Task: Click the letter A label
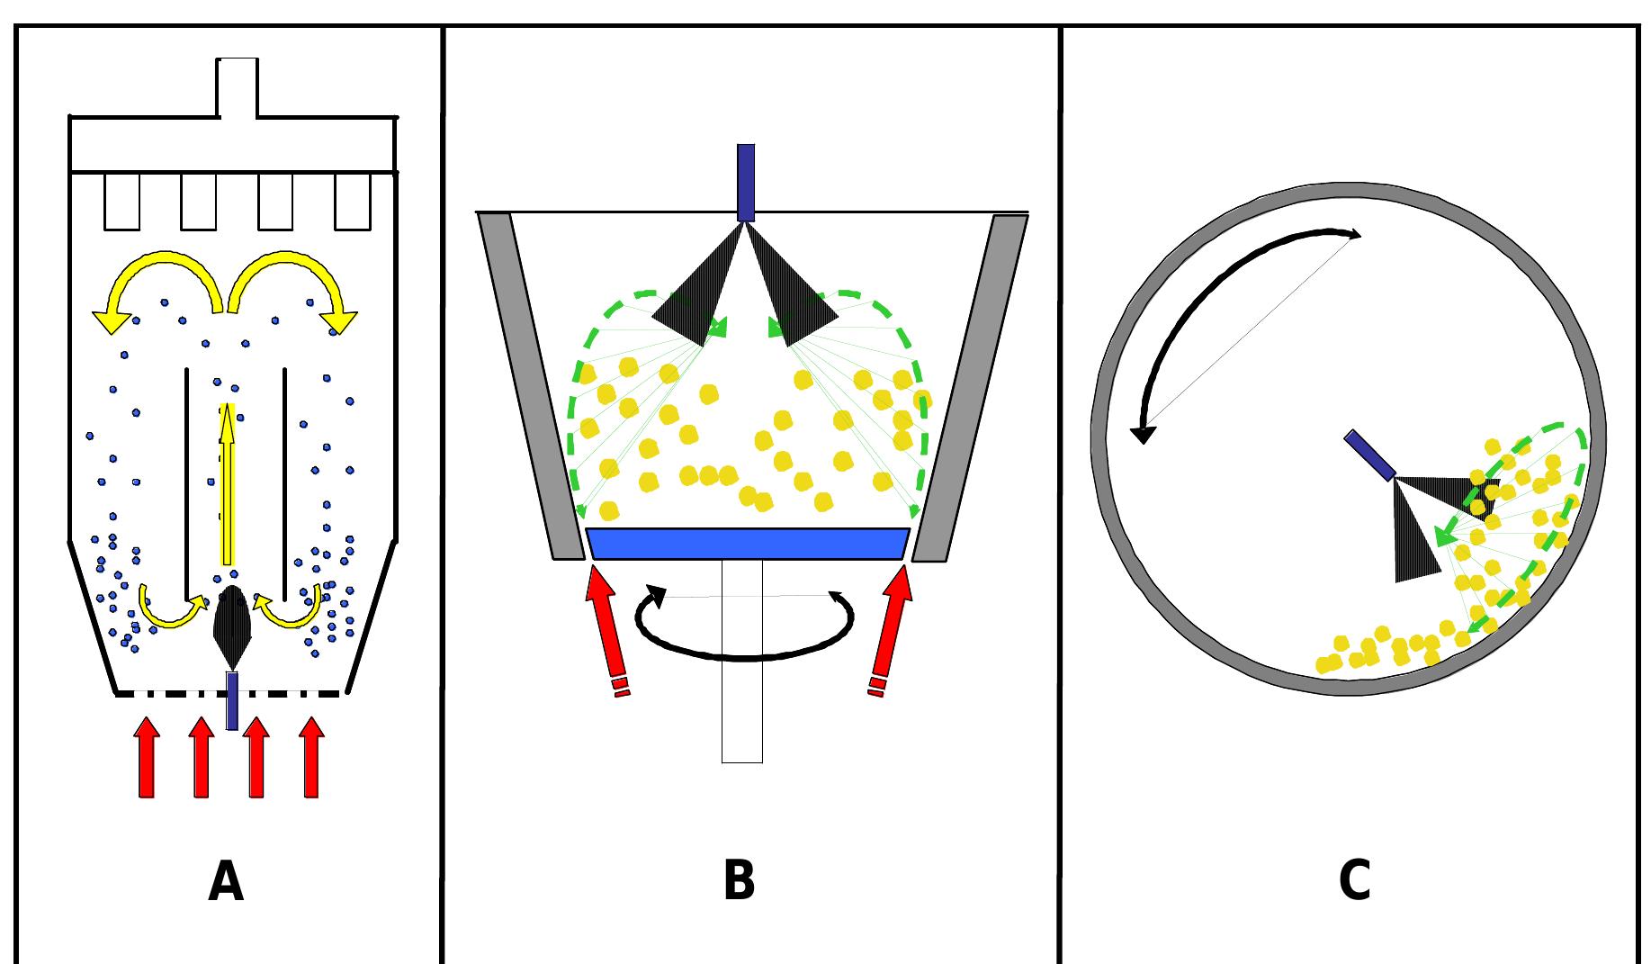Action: pyautogui.click(x=226, y=882)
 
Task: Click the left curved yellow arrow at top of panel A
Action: pyautogui.click(x=157, y=270)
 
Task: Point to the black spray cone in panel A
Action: pyautogui.click(x=232, y=626)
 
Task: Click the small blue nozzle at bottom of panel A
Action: pyautogui.click(x=232, y=700)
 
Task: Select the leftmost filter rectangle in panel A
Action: pyautogui.click(x=121, y=202)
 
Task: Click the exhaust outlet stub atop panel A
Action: pyautogui.click(x=238, y=87)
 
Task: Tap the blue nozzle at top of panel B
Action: pyautogui.click(x=745, y=182)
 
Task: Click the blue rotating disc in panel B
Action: pyautogui.click(x=747, y=544)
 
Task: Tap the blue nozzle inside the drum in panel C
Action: pyautogui.click(x=1369, y=455)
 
